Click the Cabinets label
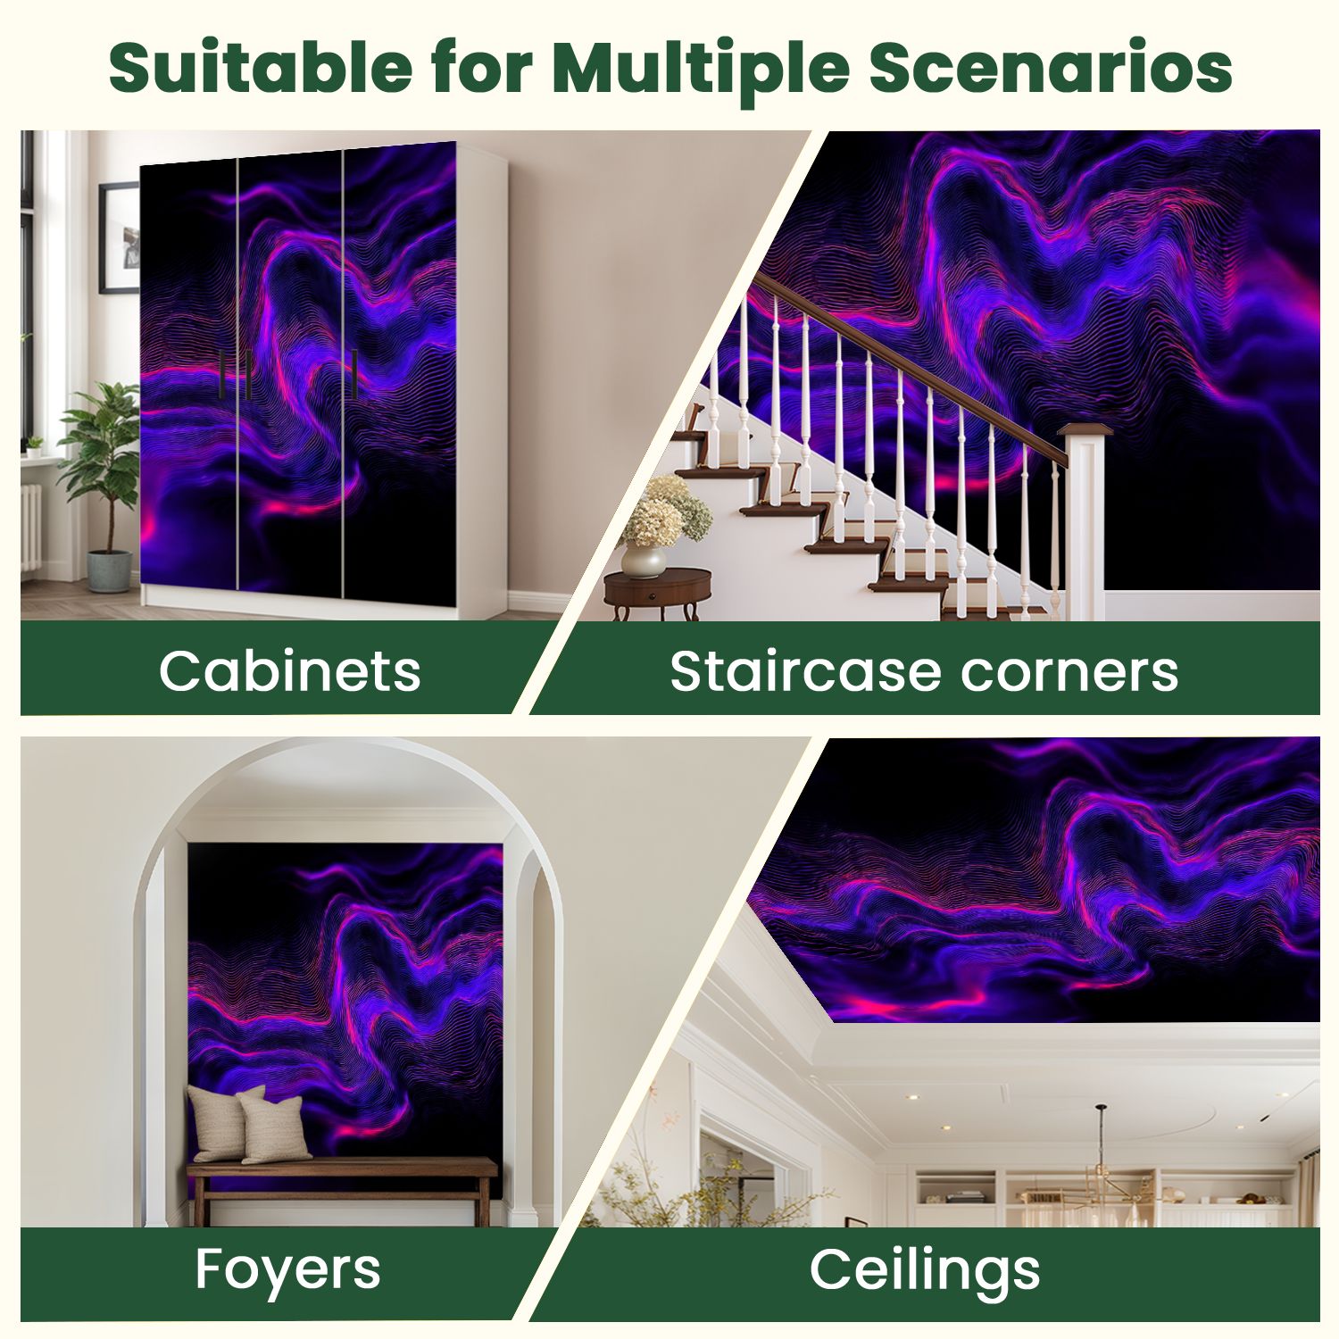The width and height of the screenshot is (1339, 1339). [289, 670]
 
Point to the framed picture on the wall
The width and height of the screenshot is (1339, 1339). [119, 237]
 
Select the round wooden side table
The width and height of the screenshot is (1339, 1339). [658, 594]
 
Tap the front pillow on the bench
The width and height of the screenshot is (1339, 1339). [274, 1128]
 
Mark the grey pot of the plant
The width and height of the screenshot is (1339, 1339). [109, 571]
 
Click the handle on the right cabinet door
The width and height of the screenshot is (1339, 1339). [354, 374]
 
